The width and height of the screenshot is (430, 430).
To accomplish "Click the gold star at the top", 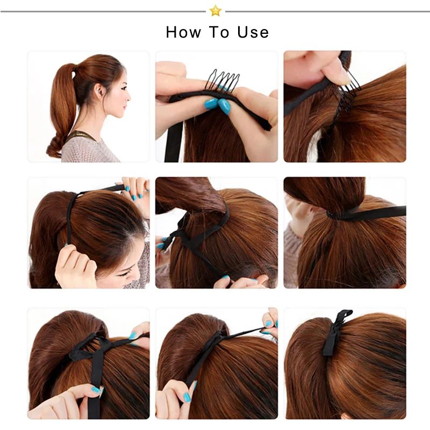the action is tap(216, 11).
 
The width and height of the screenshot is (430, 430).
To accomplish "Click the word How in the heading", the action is tap(183, 32).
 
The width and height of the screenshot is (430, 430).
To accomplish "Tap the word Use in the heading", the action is tap(253, 32).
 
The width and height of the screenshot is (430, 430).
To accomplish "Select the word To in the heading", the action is tap(219, 32).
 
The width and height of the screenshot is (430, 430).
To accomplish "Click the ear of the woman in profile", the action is tap(99, 91).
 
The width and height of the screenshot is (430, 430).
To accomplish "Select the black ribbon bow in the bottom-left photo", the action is tap(90, 348).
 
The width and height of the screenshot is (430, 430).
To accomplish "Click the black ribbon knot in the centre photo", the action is tap(179, 236).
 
